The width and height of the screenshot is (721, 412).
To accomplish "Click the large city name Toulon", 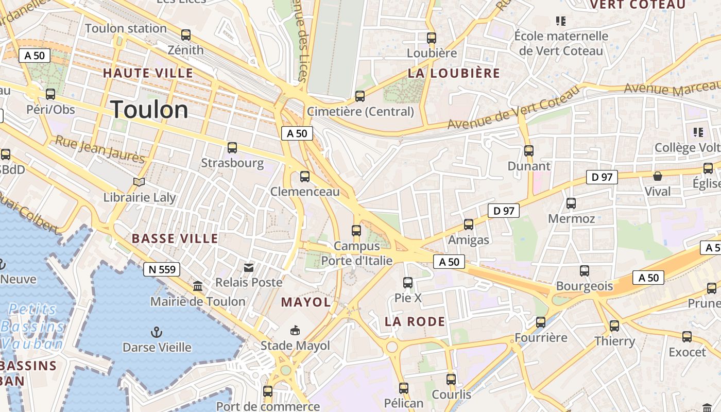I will [x=149, y=110].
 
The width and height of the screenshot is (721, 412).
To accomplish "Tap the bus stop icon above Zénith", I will [x=186, y=35].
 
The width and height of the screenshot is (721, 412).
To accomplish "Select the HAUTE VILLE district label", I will [x=148, y=73].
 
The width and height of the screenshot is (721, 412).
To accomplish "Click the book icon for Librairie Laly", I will [x=139, y=182].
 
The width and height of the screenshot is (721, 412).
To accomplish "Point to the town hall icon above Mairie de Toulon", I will [x=198, y=286].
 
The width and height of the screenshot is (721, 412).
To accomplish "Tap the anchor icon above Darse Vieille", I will [x=156, y=332].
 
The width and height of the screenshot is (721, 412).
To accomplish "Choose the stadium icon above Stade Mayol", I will [x=295, y=330].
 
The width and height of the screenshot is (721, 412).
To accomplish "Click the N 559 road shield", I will [x=162, y=269].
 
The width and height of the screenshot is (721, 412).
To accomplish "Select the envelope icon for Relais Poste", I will [x=249, y=267].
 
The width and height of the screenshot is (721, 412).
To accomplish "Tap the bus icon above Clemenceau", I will [x=305, y=177].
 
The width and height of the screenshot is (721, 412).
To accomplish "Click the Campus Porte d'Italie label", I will [x=357, y=253].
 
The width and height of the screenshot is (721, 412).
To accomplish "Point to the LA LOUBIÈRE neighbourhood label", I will [x=454, y=73].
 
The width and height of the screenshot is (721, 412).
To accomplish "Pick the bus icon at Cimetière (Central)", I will [x=360, y=96].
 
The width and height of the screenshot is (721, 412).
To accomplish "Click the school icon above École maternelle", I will [x=561, y=21].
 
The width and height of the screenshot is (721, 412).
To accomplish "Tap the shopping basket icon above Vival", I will [x=658, y=176].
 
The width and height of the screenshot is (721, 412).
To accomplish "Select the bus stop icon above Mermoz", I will [x=571, y=203].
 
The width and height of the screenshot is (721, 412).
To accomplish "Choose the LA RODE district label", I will [x=415, y=322].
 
